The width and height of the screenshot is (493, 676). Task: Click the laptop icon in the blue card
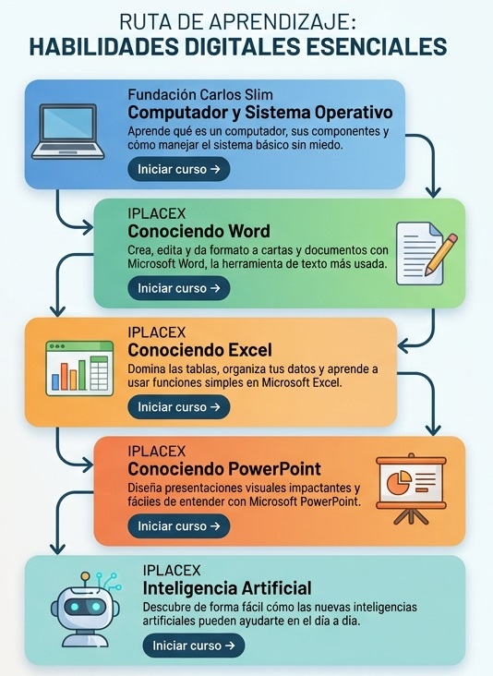[68, 131]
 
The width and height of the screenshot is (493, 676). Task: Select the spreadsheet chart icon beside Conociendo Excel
[79, 368]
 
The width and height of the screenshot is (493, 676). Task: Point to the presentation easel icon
[411, 489]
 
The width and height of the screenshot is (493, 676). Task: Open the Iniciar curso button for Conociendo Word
[179, 288]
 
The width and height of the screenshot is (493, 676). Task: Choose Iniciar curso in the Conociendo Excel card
[179, 407]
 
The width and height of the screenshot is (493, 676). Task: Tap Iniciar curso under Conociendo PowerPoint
[179, 526]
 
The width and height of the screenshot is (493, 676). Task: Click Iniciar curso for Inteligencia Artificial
[194, 646]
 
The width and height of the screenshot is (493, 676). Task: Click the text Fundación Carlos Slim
[200, 95]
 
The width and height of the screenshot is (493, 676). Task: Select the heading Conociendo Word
[199, 232]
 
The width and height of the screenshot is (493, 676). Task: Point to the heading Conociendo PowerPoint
[224, 468]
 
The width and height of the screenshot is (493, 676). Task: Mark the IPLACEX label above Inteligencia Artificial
[172, 571]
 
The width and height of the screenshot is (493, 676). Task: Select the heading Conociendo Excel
[200, 350]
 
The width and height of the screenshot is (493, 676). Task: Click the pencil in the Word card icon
[441, 254]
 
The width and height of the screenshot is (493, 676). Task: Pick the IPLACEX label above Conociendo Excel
[157, 332]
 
